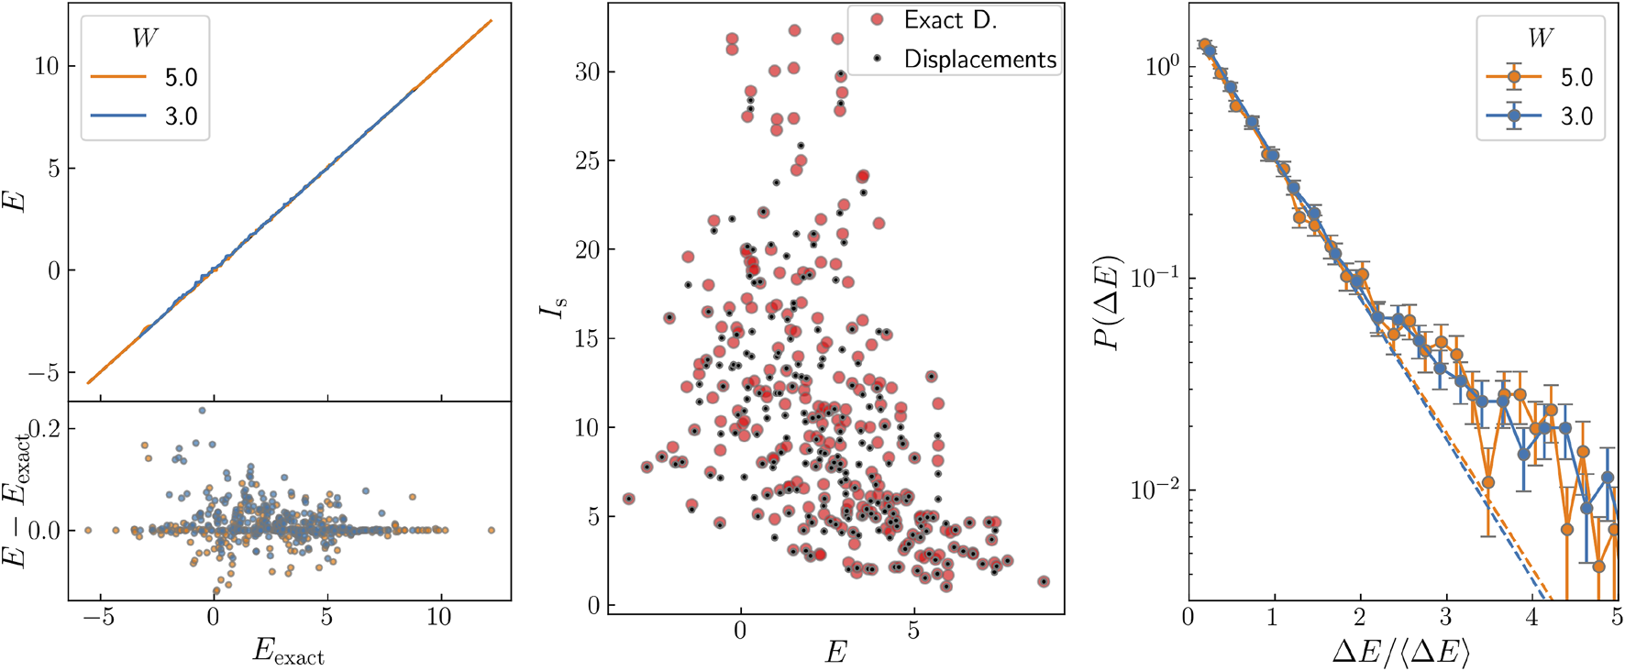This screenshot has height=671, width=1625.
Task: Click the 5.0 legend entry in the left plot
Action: pos(181,78)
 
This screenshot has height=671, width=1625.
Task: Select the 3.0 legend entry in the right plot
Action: pos(1576,117)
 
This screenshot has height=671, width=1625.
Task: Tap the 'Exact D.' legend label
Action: pos(950,20)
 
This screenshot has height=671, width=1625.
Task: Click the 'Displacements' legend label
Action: pos(979,60)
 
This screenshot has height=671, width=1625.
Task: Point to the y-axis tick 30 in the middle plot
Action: pos(587,72)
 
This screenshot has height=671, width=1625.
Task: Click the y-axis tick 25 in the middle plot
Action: pos(587,161)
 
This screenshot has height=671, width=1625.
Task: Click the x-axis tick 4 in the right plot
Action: pos(1531,617)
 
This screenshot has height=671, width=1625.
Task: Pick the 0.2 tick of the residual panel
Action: pos(46,429)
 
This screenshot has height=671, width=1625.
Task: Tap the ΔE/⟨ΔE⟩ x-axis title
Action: pos(1401,652)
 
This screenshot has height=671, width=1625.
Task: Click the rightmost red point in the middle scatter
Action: pos(1043,582)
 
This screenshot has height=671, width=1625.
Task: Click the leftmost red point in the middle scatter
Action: pos(629,499)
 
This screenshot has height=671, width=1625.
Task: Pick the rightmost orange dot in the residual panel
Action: pos(492,530)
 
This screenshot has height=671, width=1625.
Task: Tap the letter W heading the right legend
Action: pos(1541,38)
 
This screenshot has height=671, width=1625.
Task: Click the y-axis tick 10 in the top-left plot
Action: pos(46,66)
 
